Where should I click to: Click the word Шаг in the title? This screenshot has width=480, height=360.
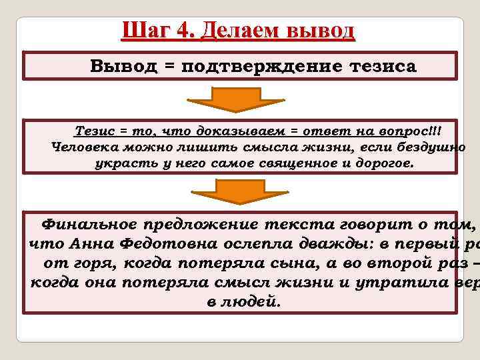click(x=143, y=31)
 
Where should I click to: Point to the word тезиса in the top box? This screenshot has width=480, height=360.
click(x=379, y=67)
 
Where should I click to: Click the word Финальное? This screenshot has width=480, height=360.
click(x=89, y=223)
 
